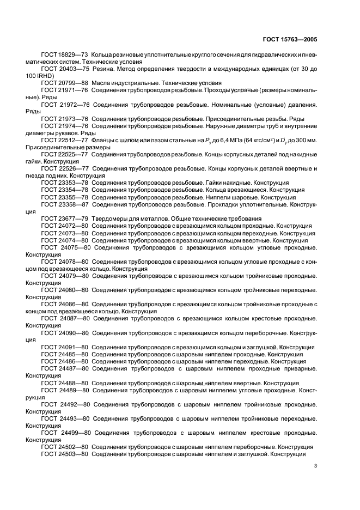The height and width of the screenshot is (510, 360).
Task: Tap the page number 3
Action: (x=315, y=465)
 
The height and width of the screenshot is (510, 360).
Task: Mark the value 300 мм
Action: (x=306, y=140)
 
